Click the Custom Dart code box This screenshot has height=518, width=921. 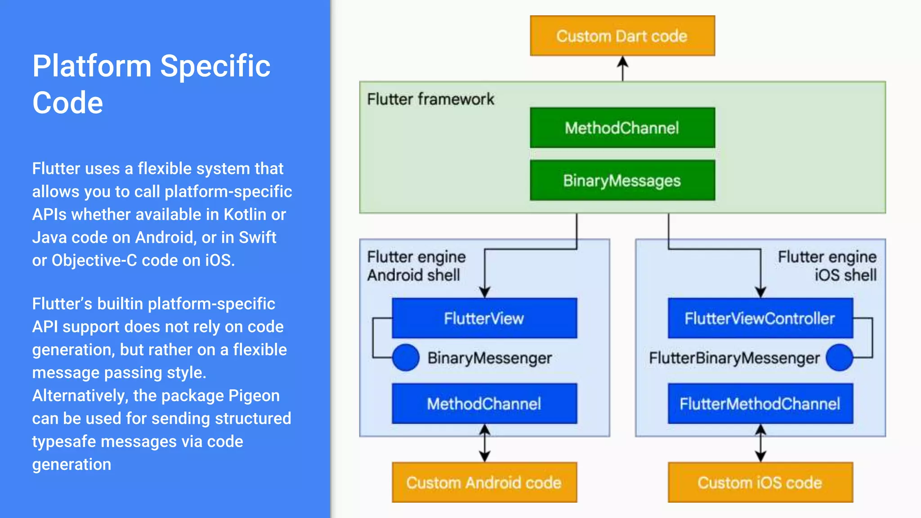click(x=622, y=36)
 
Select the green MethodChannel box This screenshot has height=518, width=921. click(x=622, y=128)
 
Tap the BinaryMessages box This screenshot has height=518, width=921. click(x=622, y=180)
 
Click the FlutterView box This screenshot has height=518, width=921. click(x=484, y=318)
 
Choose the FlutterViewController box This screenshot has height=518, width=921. click(x=760, y=318)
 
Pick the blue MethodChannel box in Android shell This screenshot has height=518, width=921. click(x=484, y=403)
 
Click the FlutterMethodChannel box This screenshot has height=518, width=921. click(x=760, y=403)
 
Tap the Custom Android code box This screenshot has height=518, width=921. click(x=484, y=482)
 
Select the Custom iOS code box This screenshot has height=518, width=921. click(x=760, y=482)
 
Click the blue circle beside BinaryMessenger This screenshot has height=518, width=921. click(x=406, y=357)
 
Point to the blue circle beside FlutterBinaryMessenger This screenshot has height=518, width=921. click(x=839, y=357)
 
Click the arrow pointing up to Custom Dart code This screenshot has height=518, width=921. click(x=622, y=68)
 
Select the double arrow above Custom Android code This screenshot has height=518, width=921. click(x=484, y=443)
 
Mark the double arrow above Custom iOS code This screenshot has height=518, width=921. click(x=760, y=443)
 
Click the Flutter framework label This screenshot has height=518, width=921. click(x=430, y=99)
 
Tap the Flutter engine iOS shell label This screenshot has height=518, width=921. click(x=827, y=265)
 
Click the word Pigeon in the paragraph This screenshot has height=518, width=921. click(x=254, y=396)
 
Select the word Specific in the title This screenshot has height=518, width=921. click(x=215, y=66)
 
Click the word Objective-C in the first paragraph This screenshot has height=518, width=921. click(x=94, y=260)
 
